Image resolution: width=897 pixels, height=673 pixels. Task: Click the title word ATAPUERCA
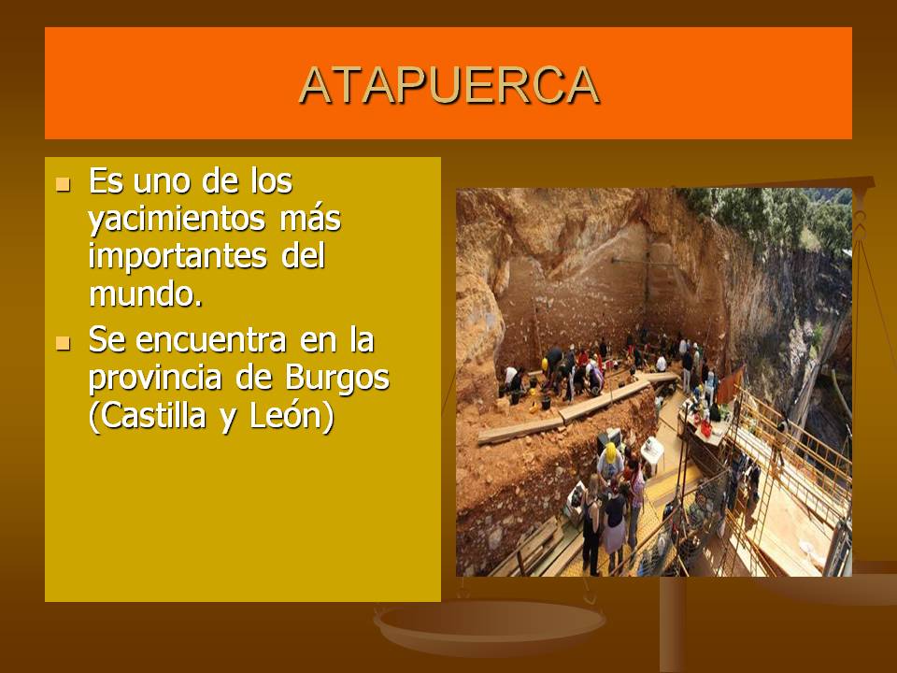[x=448, y=85]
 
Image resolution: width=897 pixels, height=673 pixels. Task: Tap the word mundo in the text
[x=139, y=294]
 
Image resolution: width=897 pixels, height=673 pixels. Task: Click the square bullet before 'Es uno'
[x=63, y=183]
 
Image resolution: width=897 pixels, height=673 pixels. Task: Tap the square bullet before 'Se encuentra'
[x=63, y=344]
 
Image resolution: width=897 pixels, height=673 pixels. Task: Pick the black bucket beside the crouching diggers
[x=546, y=403]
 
